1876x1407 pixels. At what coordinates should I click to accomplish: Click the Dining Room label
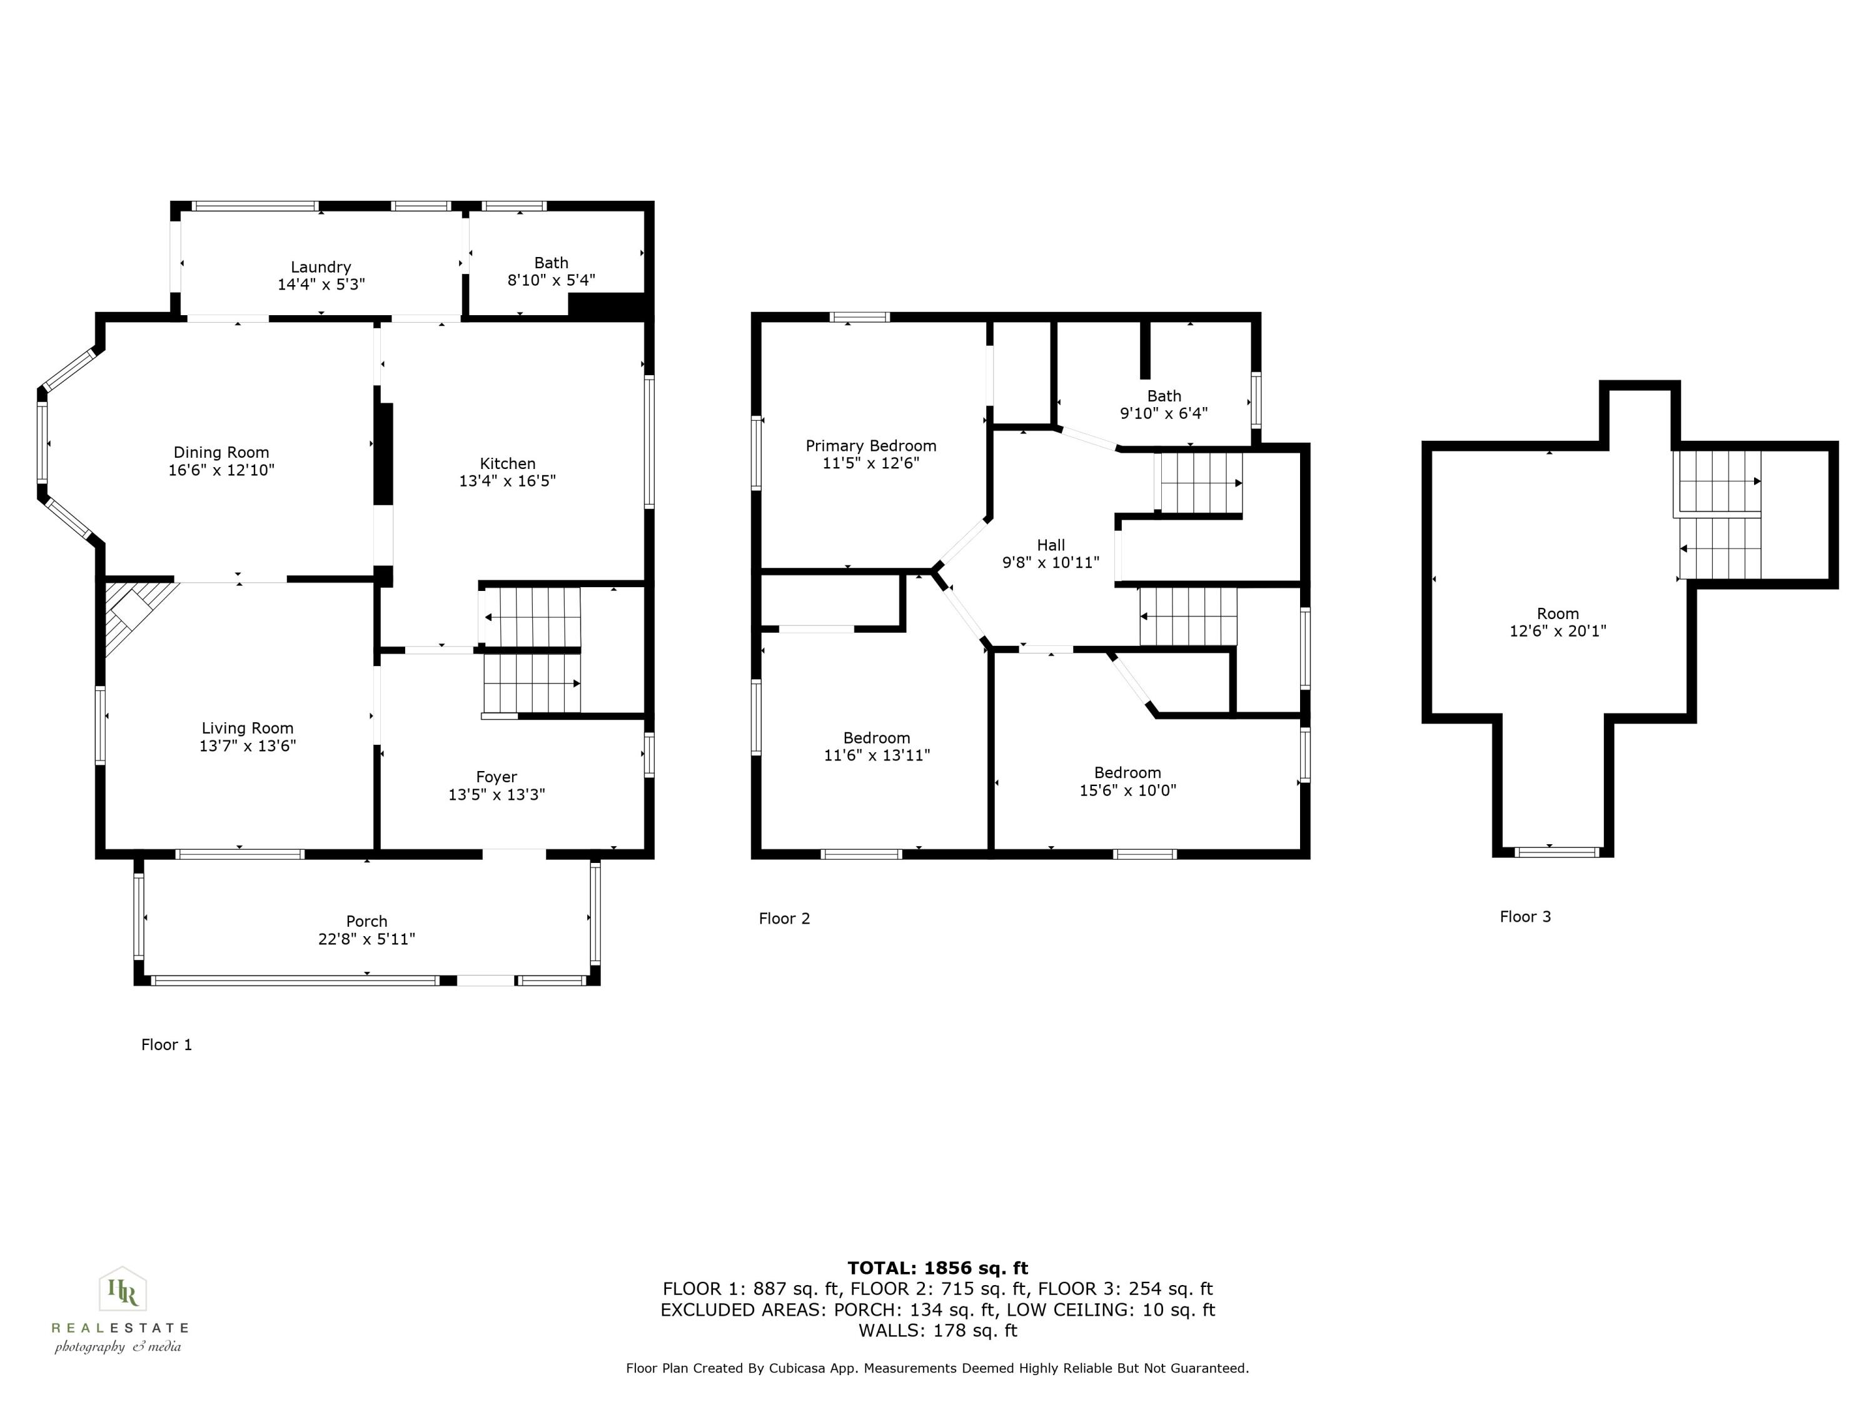[221, 452]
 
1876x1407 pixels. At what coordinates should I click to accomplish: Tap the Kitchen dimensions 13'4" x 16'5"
[507, 481]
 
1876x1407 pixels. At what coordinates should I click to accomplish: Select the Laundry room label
[321, 266]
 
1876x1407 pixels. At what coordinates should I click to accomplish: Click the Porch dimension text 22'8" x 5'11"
[366, 939]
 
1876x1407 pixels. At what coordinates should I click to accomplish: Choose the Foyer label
[496, 777]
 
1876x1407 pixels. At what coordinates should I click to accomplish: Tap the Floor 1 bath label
[552, 263]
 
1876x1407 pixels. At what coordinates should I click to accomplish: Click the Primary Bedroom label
[871, 445]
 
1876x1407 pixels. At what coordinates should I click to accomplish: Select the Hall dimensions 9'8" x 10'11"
[1051, 562]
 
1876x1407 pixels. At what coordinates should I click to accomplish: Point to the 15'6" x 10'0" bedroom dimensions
[1127, 790]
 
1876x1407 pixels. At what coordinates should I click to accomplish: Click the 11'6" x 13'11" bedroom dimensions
[877, 755]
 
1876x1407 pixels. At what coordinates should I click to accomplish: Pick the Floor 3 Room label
[1558, 613]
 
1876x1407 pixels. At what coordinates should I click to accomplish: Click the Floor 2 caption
[785, 919]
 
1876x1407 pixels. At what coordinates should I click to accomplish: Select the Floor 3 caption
[1525, 917]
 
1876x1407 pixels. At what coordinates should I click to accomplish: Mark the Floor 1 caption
[166, 1045]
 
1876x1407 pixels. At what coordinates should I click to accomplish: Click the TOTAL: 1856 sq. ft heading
[937, 1268]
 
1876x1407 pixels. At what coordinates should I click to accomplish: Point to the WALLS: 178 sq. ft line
[937, 1331]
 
